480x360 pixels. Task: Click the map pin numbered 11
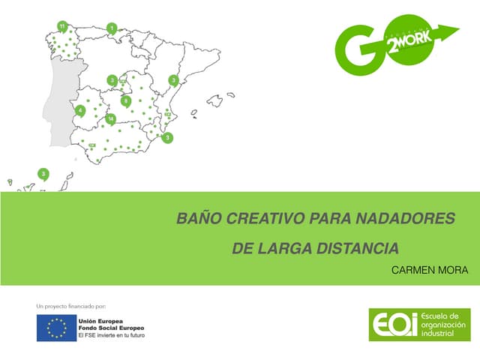pos(62,26)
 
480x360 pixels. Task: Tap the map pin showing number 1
pos(112,28)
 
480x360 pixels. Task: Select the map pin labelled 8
pos(125,100)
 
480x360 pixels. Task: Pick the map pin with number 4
pos(80,110)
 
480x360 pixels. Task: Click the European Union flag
pos(56,328)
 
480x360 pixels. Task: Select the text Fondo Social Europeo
pos(111,328)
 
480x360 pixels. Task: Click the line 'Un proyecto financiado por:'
pos(71,306)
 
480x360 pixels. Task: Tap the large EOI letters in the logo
pos(392,324)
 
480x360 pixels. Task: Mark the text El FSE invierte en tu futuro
pos(111,336)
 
